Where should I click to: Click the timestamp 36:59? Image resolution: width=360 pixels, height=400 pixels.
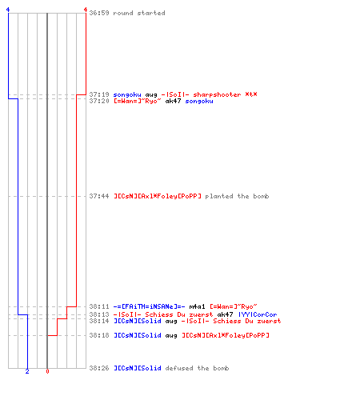[99, 13]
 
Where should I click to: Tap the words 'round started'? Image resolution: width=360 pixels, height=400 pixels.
[139, 13]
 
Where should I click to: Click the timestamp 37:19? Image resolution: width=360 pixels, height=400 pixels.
[99, 94]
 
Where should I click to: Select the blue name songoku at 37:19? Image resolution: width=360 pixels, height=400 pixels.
[127, 94]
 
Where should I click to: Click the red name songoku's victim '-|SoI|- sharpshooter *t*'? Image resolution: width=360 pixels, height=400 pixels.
[209, 94]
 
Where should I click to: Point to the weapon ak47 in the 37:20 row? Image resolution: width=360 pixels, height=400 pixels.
[173, 101]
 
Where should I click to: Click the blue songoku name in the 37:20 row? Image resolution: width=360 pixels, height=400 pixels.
[199, 102]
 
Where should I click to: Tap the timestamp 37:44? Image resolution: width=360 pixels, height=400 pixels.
[99, 196]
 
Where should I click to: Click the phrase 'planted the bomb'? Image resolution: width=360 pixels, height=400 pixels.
[237, 196]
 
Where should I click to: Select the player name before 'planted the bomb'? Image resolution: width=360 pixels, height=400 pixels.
[158, 196]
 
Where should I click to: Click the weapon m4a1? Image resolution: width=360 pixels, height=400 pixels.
[197, 306]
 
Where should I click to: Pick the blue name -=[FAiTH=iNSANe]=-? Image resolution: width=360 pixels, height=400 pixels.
[149, 306]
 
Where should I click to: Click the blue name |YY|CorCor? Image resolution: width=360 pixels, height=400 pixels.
[258, 314]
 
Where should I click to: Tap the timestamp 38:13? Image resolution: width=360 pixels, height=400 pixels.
[99, 314]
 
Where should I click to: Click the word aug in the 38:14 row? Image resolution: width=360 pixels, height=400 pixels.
[171, 322]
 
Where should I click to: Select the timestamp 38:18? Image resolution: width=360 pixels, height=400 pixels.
[99, 335]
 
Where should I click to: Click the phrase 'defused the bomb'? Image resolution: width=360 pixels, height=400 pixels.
[197, 368]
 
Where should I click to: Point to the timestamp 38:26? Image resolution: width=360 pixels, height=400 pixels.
[99, 368]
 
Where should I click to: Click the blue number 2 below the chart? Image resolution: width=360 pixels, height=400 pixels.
[27, 371]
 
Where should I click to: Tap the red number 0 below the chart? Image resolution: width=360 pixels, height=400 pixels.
[47, 371]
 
